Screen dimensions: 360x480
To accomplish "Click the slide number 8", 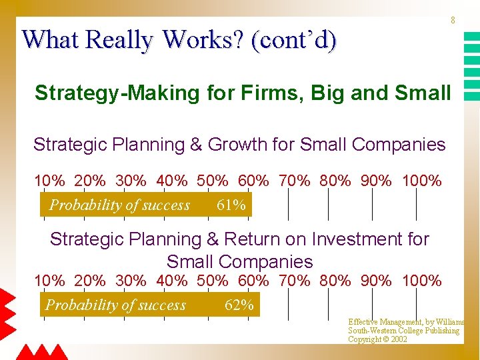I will click(453, 21).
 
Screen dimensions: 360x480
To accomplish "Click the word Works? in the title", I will click(203, 39).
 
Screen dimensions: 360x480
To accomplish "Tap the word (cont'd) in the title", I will click(294, 40).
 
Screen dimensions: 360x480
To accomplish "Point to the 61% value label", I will click(231, 205).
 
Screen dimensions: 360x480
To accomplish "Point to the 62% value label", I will click(239, 305).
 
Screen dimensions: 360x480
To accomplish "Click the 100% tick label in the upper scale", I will click(422, 181).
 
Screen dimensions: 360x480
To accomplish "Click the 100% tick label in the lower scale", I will click(422, 281).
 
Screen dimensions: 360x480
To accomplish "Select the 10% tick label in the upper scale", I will click(49, 181).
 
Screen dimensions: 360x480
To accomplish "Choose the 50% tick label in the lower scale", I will click(213, 281).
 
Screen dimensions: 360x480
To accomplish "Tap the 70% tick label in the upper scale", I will click(294, 181).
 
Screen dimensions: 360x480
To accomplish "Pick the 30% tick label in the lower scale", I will click(131, 281).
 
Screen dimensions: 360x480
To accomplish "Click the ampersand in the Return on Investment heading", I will click(213, 239).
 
